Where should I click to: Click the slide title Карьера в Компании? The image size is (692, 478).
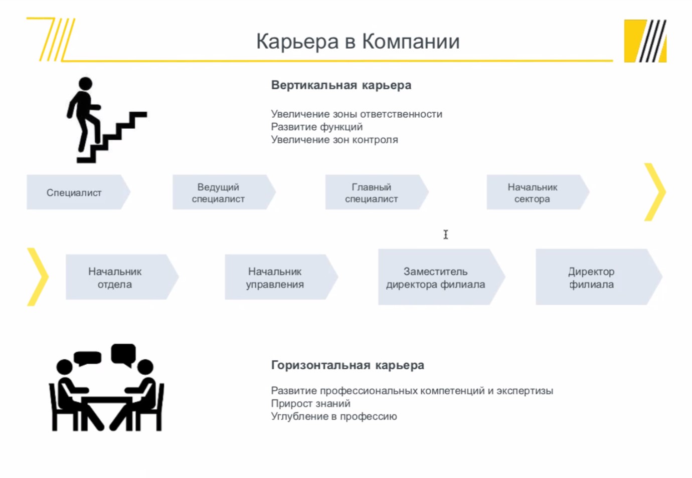click(358, 42)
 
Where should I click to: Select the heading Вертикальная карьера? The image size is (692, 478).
click(341, 85)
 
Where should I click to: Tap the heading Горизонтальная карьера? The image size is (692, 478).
click(348, 365)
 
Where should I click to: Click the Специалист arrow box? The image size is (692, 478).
click(78, 192)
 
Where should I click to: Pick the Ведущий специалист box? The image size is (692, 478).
click(224, 192)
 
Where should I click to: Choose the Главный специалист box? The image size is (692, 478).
click(377, 192)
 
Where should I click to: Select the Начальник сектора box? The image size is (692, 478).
click(538, 192)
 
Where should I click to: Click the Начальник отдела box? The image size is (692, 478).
click(122, 277)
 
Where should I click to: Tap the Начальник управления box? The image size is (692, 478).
click(281, 277)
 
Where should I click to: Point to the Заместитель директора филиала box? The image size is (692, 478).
click(441, 277)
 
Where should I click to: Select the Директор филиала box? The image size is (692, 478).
click(599, 277)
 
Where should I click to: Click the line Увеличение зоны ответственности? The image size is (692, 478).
click(357, 114)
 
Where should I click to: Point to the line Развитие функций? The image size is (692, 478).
click(316, 127)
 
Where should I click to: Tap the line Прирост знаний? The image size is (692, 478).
click(310, 404)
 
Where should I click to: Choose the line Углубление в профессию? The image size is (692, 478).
click(334, 416)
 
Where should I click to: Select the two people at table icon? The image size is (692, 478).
click(106, 387)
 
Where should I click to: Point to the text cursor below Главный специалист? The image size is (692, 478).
click(446, 234)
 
